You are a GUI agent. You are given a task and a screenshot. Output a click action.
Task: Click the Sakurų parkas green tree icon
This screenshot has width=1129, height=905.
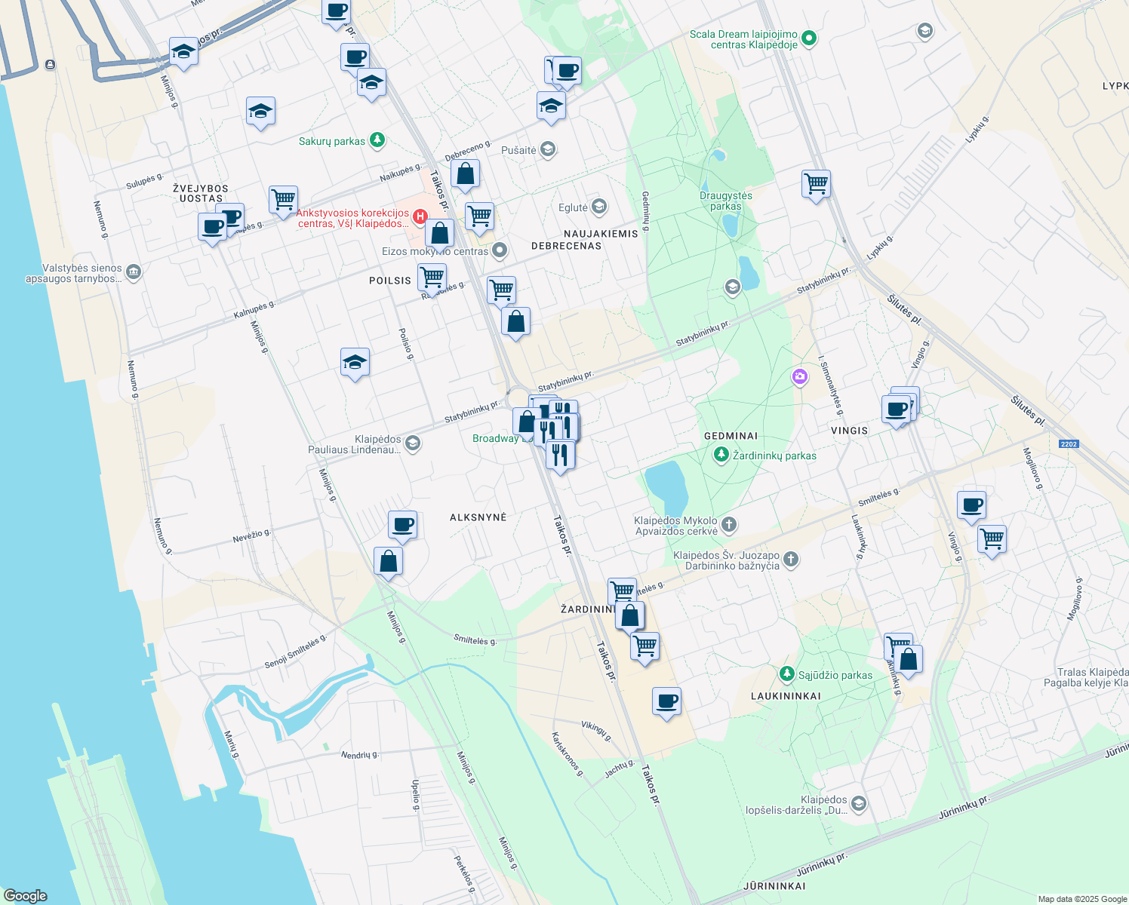click(377, 140)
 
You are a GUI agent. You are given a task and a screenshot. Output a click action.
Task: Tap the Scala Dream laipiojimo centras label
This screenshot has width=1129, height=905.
click(743, 39)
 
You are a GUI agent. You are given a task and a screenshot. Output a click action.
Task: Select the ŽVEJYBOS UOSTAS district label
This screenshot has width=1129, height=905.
click(201, 193)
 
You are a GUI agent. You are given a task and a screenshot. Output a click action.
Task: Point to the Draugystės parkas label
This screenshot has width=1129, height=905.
click(725, 201)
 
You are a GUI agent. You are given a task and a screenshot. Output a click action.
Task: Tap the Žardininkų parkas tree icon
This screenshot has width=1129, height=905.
click(721, 455)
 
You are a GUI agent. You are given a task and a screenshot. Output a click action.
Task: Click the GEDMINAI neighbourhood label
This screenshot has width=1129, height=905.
click(731, 436)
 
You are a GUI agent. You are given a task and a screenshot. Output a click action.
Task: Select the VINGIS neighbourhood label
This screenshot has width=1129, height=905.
click(849, 431)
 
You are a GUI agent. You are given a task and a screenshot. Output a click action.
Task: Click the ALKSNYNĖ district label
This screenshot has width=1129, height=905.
click(478, 517)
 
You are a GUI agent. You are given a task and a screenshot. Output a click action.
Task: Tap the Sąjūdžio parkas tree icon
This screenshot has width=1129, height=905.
click(787, 673)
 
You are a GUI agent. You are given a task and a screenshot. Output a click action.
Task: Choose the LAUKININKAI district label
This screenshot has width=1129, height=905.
click(786, 696)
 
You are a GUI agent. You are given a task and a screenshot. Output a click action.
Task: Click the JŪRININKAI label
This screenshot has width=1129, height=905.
click(774, 886)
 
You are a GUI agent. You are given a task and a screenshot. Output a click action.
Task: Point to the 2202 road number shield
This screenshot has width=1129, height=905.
click(1069, 444)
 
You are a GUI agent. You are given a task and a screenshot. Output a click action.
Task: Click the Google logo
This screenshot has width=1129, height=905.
click(25, 896)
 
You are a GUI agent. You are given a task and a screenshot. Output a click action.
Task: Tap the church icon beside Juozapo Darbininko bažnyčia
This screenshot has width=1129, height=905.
click(791, 559)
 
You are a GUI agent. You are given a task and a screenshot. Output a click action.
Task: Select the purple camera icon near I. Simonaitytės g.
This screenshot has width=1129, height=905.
click(800, 376)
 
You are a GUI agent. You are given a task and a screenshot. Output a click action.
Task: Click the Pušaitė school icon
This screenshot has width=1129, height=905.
click(549, 149)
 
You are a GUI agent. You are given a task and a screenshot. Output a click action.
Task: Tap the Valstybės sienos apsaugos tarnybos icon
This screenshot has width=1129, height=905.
click(134, 272)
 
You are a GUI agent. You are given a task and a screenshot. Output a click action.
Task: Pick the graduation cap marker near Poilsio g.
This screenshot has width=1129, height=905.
click(355, 363)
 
